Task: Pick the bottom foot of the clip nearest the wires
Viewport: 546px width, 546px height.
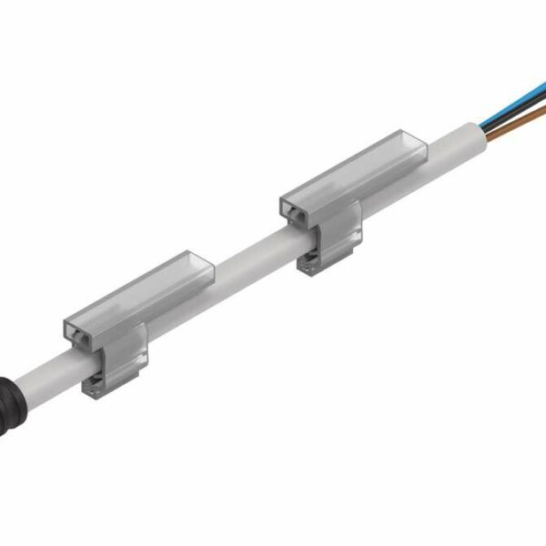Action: coord(313,265)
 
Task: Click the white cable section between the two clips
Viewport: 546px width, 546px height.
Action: coord(246,256)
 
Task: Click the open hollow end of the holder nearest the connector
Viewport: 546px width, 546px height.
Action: coord(77,336)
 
